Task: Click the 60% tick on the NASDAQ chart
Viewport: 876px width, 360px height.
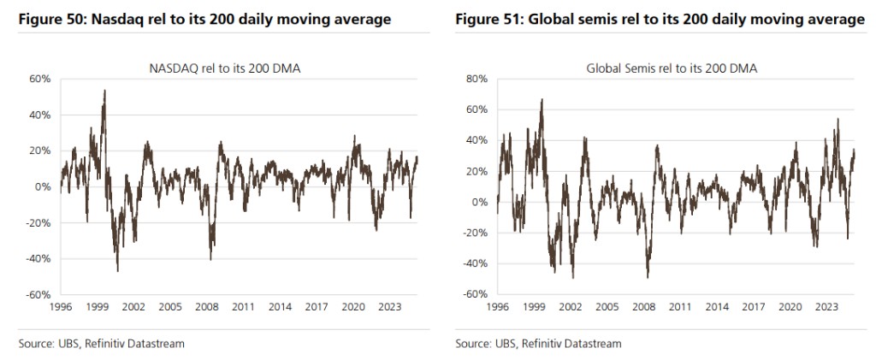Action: [x=42, y=79]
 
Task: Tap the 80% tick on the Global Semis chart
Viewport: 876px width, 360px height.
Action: [x=476, y=79]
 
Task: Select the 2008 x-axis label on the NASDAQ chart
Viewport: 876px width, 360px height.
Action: [x=206, y=305]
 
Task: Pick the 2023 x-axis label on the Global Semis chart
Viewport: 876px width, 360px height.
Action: [x=826, y=305]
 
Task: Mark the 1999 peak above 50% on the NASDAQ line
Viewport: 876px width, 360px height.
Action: [x=104, y=91]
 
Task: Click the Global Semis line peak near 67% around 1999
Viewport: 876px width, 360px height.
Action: [x=542, y=99]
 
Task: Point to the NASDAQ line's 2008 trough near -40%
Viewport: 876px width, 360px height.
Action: [x=210, y=259]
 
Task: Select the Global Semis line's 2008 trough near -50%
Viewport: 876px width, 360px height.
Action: [x=648, y=277]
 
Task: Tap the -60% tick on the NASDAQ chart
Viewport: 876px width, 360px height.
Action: [x=40, y=295]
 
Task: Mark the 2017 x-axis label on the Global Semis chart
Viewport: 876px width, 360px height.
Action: [x=754, y=305]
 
